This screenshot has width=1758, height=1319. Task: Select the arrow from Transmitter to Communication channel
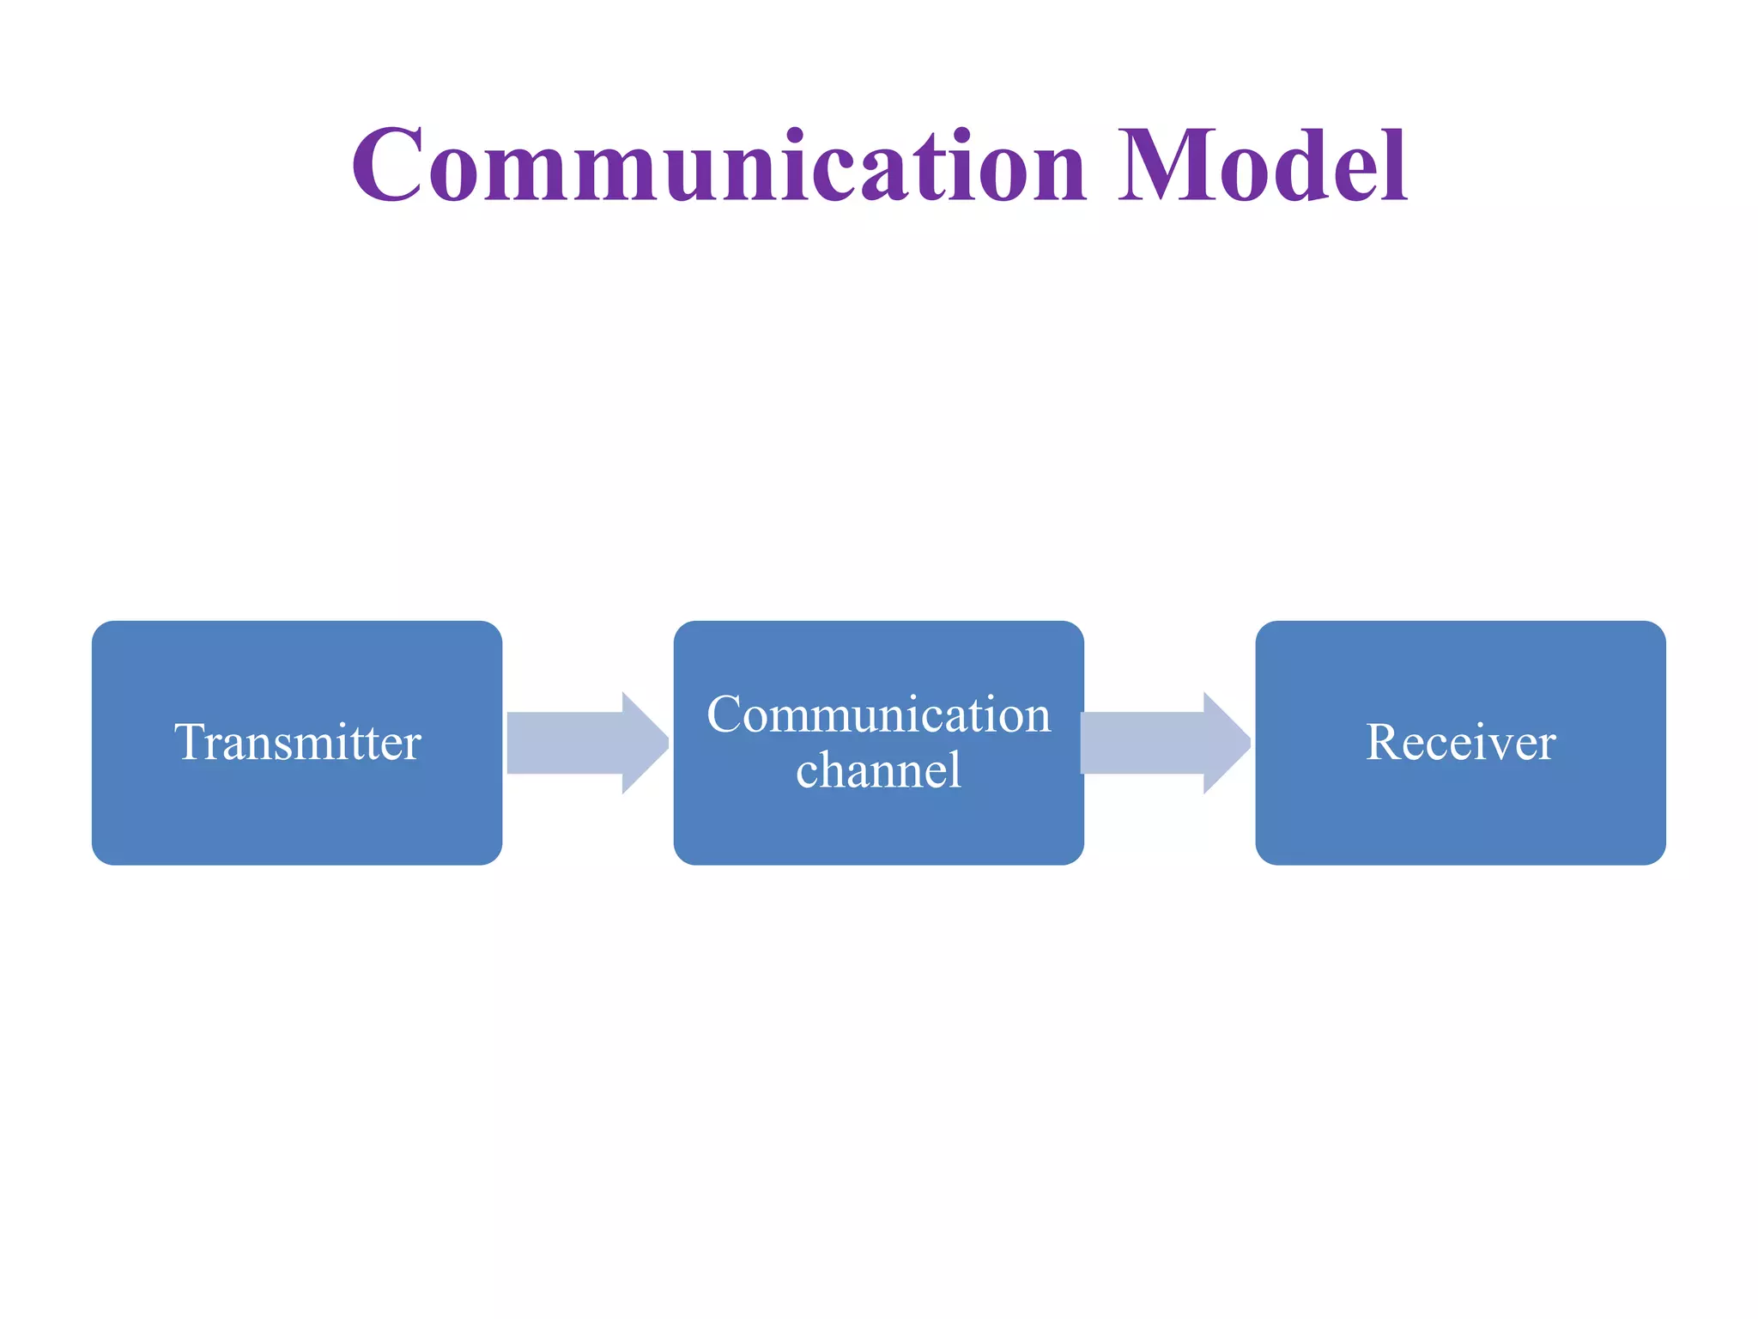[584, 743]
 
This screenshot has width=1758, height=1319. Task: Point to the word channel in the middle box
[878, 770]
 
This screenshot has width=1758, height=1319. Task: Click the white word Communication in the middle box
[878, 714]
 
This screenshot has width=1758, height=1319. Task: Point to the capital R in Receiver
[1384, 742]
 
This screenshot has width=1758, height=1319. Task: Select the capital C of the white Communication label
[725, 714]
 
